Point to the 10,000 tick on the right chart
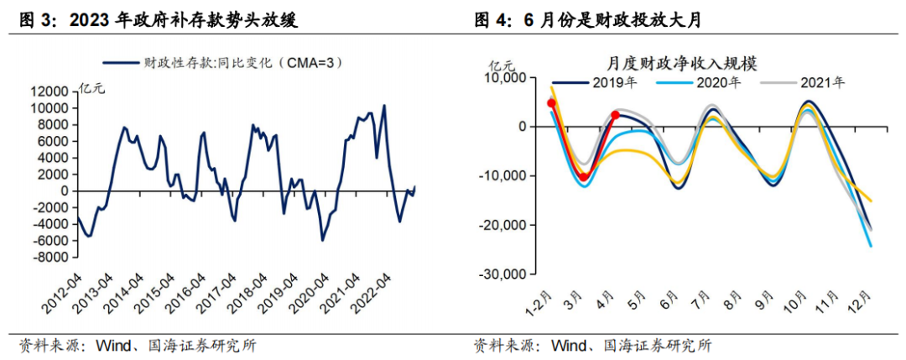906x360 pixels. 502,78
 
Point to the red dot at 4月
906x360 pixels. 617,115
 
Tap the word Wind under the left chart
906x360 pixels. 113,344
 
